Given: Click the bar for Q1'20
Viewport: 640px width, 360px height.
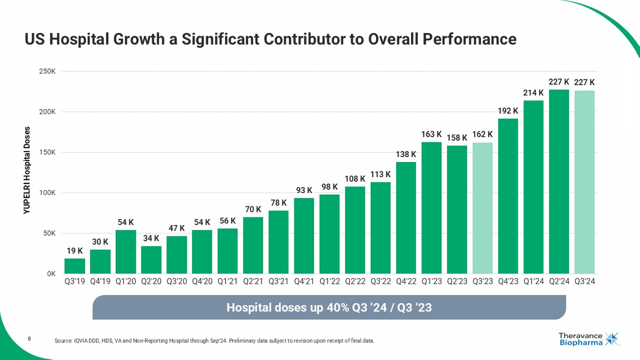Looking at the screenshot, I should (x=126, y=252).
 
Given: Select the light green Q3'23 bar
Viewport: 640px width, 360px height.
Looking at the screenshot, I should (x=482, y=208).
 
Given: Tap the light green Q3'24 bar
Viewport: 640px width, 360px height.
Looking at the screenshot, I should (x=584, y=182).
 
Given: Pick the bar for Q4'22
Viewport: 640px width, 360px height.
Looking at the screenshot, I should (x=406, y=218).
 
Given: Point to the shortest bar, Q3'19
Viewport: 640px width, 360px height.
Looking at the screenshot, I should (x=74, y=266).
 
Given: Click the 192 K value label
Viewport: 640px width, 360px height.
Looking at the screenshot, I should (x=508, y=111).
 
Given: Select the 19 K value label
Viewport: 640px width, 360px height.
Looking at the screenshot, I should (x=74, y=251).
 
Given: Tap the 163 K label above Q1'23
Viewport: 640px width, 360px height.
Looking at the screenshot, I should (x=431, y=134).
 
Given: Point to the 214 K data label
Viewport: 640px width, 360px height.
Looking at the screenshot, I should (x=533, y=93).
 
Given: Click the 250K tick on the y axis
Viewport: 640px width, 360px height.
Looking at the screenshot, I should (x=47, y=71).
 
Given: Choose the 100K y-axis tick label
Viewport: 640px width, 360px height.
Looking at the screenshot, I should (x=47, y=193).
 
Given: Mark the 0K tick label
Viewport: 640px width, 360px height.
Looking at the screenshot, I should (x=50, y=273).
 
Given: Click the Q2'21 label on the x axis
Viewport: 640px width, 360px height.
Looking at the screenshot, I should (x=253, y=283).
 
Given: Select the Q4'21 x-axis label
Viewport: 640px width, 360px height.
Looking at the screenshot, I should (x=304, y=283).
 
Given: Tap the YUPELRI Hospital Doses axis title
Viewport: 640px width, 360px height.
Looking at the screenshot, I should (x=27, y=170).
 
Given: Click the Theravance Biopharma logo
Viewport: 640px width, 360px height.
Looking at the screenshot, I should (x=588, y=339).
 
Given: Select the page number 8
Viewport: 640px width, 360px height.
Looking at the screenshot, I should (x=30, y=338).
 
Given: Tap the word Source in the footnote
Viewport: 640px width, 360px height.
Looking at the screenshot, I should (x=64, y=341).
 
